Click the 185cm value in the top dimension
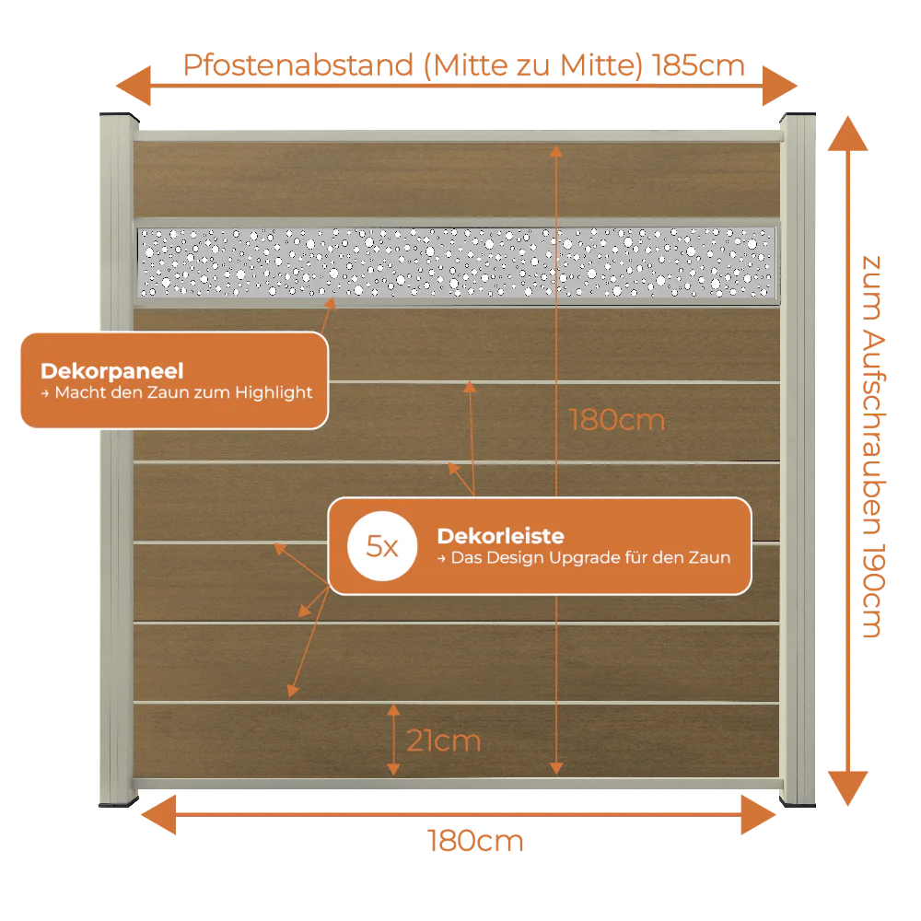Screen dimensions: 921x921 point(698,65)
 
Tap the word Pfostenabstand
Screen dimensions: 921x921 point(298,65)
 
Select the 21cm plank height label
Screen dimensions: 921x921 point(444,740)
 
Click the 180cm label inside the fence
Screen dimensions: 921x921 point(617,421)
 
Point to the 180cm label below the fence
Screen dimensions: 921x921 point(475,841)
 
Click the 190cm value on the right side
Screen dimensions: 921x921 point(873,590)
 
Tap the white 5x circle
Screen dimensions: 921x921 point(382,546)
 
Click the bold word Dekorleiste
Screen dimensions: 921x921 point(500,536)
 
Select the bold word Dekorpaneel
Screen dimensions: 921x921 point(112,370)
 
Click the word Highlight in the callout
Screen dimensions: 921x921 point(274,392)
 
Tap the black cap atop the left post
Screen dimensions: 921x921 point(119,116)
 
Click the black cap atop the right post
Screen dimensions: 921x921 point(798,116)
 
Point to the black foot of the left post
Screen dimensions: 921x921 point(119,802)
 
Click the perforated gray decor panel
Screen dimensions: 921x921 point(457,262)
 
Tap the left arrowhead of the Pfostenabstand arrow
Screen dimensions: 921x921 point(134,86)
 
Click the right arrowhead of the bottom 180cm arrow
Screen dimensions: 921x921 point(759,815)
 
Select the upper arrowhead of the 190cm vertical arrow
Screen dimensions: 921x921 point(847,134)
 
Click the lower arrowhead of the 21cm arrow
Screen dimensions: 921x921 point(393,769)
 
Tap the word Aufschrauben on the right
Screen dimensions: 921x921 point(873,432)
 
